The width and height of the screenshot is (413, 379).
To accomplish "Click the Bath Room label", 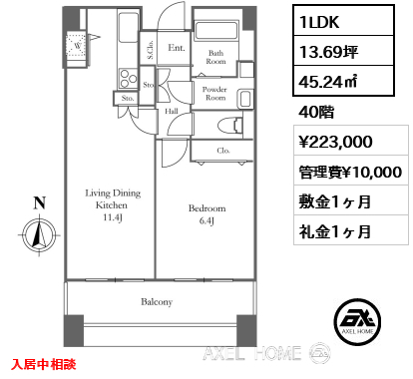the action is [x=215, y=57].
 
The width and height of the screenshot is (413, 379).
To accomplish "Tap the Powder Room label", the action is [x=214, y=94].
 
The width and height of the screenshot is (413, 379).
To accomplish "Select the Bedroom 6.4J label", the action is [x=206, y=214].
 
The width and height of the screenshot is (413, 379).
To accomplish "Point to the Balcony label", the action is [x=157, y=302].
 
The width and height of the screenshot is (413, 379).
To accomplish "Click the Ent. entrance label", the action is [x=177, y=48].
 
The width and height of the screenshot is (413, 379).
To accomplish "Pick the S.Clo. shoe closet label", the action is [x=151, y=50].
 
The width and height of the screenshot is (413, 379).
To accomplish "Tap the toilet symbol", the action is [x=229, y=126].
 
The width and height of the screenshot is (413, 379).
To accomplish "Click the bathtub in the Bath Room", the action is [x=215, y=30].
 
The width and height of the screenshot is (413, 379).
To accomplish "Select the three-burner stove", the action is [x=129, y=79].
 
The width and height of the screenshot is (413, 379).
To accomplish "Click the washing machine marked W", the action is [x=77, y=45].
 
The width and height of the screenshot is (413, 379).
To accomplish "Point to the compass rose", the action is [x=40, y=235].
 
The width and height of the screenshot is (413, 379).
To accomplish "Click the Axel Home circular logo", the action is [x=357, y=322].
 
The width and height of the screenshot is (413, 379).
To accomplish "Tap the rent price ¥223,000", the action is [x=335, y=142].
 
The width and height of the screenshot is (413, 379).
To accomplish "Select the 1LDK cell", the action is [x=343, y=21].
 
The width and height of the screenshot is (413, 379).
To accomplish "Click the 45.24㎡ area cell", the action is [x=343, y=81].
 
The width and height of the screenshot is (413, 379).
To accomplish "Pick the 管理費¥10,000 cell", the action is [x=351, y=172].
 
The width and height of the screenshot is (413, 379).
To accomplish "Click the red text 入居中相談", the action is [x=44, y=364].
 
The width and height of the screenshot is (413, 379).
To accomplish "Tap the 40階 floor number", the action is [x=316, y=112].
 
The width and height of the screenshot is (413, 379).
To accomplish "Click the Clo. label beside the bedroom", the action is [x=223, y=151].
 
